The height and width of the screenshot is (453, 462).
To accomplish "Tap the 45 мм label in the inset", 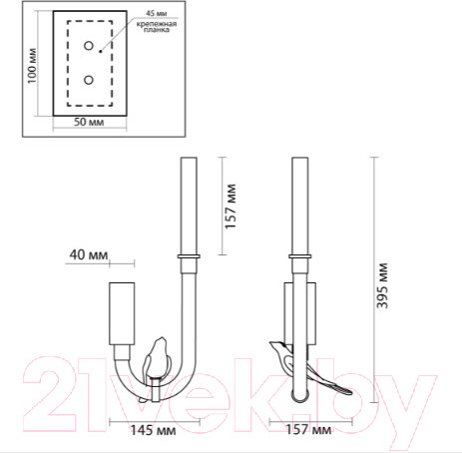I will click(x=156, y=12).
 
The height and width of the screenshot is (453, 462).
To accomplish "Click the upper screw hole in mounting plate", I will click(x=89, y=46).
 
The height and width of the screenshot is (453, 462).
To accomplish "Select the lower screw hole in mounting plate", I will click(x=89, y=79).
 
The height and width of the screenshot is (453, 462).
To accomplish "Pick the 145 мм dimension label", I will click(x=155, y=430).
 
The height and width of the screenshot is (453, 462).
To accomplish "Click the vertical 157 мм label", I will click(x=231, y=205).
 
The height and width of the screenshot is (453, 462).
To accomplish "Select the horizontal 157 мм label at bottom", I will click(x=309, y=430).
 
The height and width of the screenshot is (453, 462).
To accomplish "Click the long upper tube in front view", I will click(x=187, y=205).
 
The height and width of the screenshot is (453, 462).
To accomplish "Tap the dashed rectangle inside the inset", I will click(x=89, y=63).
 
